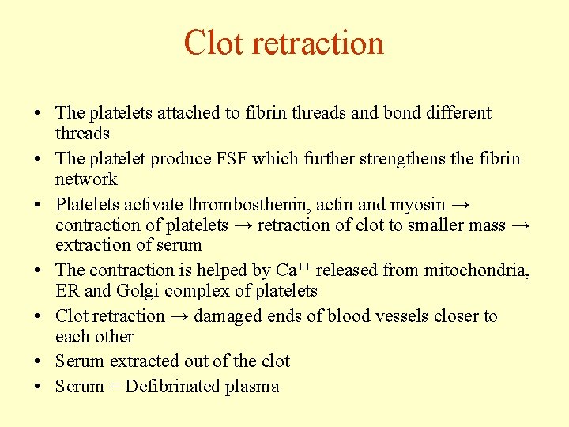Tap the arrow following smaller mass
click(520, 225)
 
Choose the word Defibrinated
click(174, 387)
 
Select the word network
click(86, 179)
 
